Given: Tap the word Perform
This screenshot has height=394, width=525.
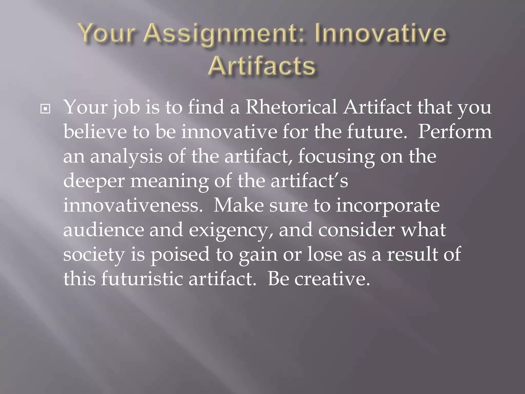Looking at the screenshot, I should click(455, 132).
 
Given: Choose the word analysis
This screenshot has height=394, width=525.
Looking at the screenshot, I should click(126, 156).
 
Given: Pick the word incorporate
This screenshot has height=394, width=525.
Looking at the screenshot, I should click(388, 206).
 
